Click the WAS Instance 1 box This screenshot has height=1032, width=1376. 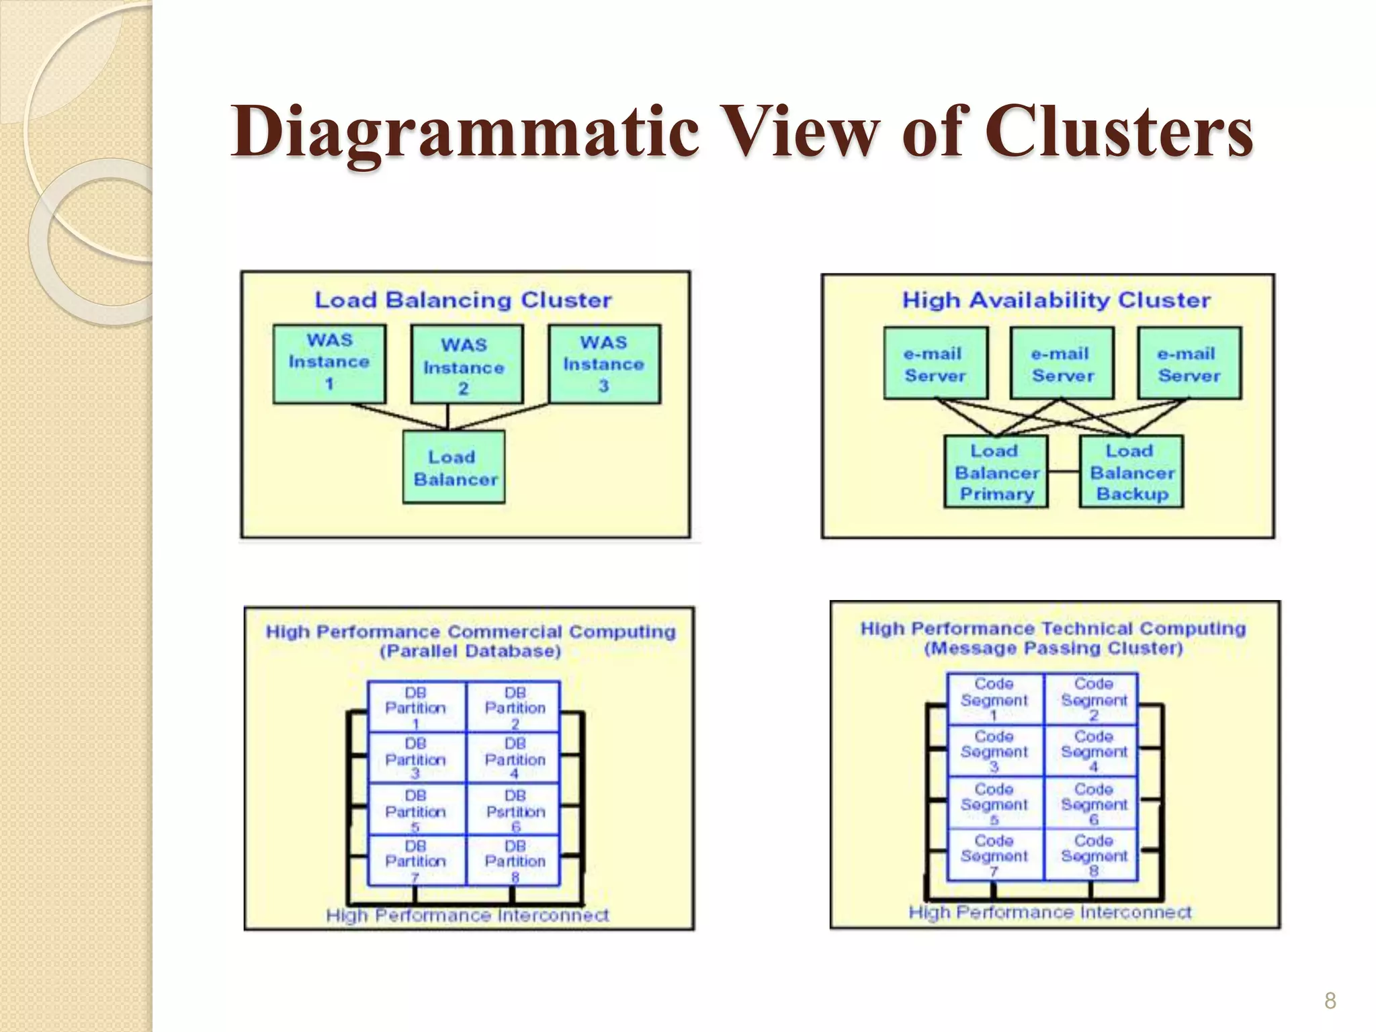[329, 363]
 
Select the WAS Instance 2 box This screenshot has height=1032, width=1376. [466, 365]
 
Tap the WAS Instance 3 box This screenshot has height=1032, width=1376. [604, 363]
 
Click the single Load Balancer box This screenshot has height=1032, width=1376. [454, 468]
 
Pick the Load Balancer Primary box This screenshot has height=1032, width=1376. [996, 472]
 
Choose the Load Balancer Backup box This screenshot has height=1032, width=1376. [1131, 472]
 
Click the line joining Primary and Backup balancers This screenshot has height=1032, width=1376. [1064, 472]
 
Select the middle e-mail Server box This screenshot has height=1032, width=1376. [1062, 363]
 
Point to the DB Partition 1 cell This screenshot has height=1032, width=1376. [416, 707]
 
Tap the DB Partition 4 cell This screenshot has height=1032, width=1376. [515, 758]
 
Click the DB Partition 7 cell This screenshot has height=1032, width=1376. [416, 861]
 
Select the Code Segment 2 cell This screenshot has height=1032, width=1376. [1093, 699]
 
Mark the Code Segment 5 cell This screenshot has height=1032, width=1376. [994, 803]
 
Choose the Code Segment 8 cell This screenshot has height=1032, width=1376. [1093, 855]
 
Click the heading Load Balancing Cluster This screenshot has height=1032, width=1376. [464, 300]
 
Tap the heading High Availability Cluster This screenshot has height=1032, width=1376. [1056, 300]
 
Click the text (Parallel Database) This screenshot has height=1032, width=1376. [470, 651]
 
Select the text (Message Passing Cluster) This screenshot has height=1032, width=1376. [1053, 648]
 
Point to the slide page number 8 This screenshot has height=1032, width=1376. [1330, 1001]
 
